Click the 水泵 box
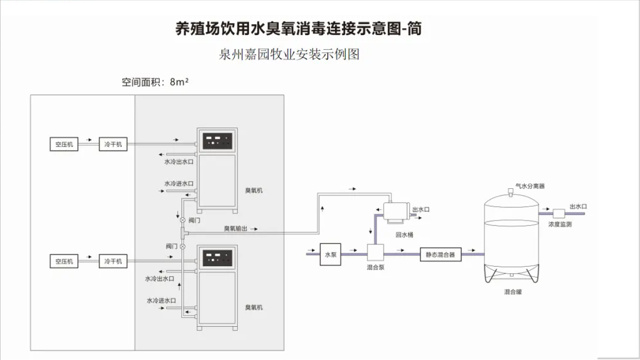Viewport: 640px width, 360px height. click(x=330, y=254)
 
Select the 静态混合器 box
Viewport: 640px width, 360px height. click(x=441, y=254)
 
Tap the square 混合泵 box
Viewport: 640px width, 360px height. click(x=375, y=253)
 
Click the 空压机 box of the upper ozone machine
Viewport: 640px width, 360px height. click(x=64, y=145)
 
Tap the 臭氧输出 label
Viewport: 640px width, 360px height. click(x=235, y=228)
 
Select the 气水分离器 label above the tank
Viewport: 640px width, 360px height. click(x=530, y=186)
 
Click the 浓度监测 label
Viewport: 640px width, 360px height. click(x=559, y=225)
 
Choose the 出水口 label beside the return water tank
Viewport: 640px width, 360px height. click(x=421, y=209)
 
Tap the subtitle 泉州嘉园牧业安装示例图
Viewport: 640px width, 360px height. click(x=289, y=54)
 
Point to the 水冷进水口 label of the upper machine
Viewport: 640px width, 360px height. click(x=179, y=184)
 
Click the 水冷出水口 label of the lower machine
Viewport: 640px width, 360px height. click(x=160, y=278)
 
